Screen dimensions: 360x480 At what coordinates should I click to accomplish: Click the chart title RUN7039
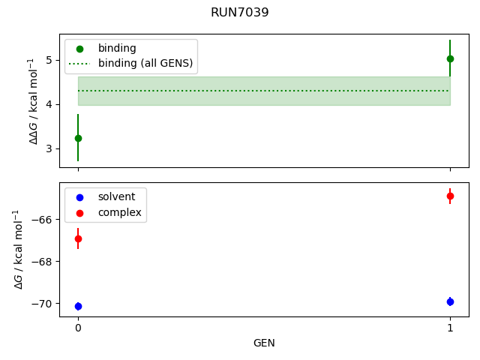pos(240,12)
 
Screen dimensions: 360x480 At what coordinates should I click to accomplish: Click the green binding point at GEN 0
pos(78,138)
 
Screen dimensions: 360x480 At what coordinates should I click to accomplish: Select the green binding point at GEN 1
pos(450,58)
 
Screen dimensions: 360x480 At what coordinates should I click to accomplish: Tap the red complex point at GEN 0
pos(78,238)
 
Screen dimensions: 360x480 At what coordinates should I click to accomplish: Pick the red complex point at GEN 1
pos(450,196)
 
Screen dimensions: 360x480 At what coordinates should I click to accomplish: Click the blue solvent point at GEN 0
pos(78,306)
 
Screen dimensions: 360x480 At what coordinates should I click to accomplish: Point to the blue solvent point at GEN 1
pos(450,301)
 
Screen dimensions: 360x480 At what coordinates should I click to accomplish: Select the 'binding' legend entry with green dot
pos(117,48)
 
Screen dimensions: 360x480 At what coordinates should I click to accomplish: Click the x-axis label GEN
pos(264,343)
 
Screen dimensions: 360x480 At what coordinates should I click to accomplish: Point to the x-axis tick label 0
pos(78,328)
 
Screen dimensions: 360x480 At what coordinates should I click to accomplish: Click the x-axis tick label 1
pos(450,328)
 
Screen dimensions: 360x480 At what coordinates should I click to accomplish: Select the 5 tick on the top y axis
pos(50,59)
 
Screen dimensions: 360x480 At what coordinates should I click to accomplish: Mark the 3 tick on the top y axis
pos(50,148)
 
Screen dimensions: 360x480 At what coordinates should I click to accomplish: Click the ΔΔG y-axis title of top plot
pos(33,100)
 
